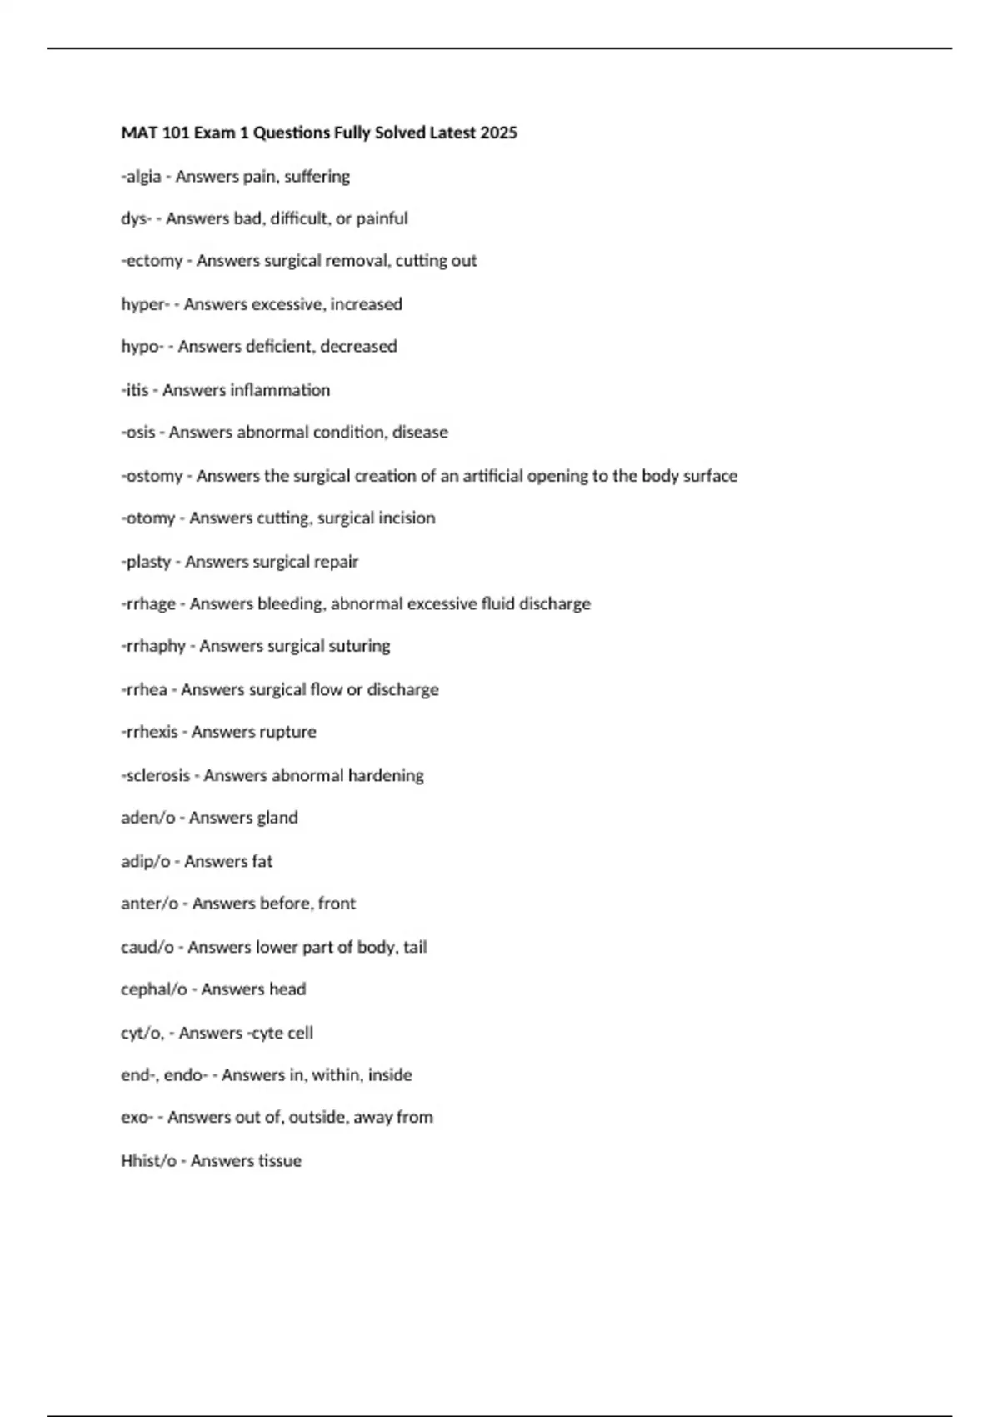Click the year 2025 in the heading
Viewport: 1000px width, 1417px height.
tap(498, 133)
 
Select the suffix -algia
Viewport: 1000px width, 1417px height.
tap(141, 177)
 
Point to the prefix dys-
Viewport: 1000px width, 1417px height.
tap(136, 218)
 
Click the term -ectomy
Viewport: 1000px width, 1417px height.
tap(152, 261)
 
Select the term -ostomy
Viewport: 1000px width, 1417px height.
tap(152, 476)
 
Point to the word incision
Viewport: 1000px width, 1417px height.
tap(407, 518)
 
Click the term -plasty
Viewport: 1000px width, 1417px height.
tap(146, 562)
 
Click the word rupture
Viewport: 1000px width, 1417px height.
tap(287, 732)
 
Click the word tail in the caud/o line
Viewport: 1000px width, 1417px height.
tap(415, 947)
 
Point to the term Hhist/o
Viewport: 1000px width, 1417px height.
tap(148, 1161)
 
